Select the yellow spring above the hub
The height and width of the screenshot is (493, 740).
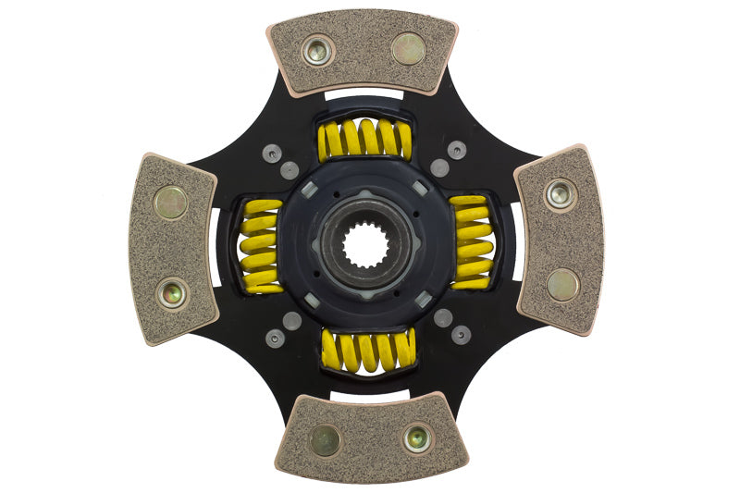pos(364,139)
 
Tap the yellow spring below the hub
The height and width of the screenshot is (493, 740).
pos(367,351)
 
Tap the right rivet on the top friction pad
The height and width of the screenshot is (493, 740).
pos(408,49)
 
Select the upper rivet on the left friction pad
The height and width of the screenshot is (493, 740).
pos(170,203)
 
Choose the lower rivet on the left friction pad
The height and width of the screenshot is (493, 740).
pos(171,293)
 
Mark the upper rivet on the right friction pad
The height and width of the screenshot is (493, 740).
pos(561,194)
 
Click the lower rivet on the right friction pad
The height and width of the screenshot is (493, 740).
pos(562,284)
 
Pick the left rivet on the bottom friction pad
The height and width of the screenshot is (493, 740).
pos(325,441)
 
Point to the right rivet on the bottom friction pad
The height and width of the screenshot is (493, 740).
pos(418,437)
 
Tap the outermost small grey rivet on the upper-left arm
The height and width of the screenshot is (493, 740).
pos(271,154)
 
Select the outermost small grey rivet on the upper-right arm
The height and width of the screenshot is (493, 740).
pos(456,150)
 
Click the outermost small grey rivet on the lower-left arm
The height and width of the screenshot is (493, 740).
pos(275,339)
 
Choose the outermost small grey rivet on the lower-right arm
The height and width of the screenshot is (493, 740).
pos(460,335)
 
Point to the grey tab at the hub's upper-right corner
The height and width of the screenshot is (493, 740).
pos(421,189)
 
